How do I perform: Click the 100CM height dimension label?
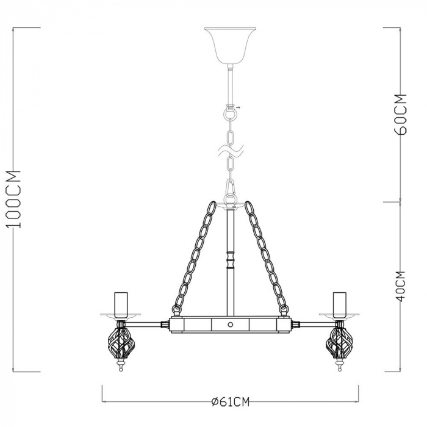click(14, 199)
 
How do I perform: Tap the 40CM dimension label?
click(400, 286)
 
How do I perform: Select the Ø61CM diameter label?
click(231, 401)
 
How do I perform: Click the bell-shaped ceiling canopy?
click(230, 46)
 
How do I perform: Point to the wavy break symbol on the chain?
click(231, 150)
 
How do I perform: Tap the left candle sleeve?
click(121, 305)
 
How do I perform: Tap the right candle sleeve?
click(339, 305)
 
